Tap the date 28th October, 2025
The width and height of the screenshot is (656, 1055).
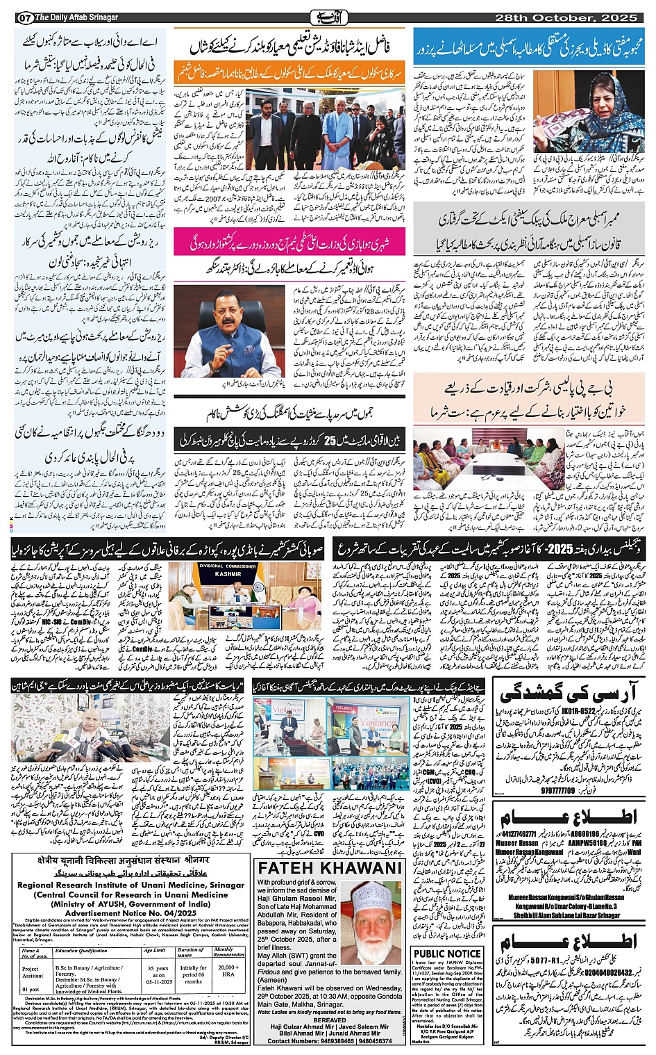571,17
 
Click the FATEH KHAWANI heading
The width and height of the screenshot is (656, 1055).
330,868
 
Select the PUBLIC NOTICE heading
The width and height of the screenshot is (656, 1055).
447,954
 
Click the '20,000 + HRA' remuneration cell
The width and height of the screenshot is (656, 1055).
228,970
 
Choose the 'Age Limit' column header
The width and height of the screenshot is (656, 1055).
154,950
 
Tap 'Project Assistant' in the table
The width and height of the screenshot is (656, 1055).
31,972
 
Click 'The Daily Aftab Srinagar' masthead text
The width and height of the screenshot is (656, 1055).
76,17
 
